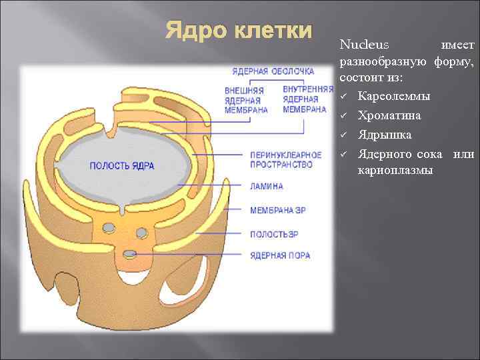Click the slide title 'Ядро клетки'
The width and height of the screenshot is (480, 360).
tap(238, 31)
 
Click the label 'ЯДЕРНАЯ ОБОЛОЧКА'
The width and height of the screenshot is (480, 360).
tap(273, 71)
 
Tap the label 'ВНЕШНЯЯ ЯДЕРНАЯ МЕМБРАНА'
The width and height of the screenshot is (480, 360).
tap(245, 100)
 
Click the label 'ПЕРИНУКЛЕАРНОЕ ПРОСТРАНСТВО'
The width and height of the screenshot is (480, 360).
tap(281, 160)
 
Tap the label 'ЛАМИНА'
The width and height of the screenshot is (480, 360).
tap(267, 187)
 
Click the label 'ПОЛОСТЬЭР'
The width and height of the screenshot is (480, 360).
tap(274, 235)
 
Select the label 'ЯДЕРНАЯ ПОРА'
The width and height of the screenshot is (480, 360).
tap(280, 255)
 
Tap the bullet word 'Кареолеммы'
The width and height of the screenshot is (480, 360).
tap(394, 97)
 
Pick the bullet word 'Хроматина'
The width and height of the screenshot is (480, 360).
tap(389, 116)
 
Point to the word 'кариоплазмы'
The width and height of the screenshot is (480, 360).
tap(395, 171)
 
